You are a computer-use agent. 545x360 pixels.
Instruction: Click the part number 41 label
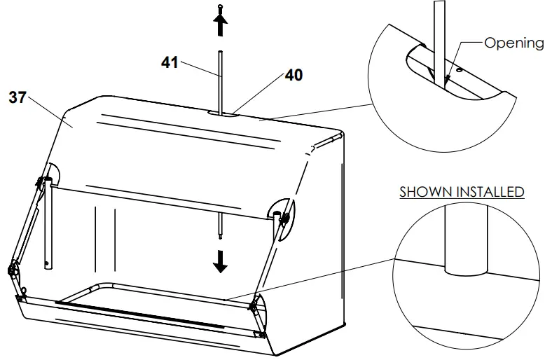(x=170, y=62)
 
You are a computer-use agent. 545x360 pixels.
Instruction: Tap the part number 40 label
(x=294, y=75)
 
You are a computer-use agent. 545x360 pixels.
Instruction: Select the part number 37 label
(x=17, y=97)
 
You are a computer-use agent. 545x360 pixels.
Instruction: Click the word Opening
(x=514, y=43)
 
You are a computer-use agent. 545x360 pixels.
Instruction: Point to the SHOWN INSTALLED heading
(x=462, y=192)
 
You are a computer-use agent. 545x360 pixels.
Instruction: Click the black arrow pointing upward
(x=220, y=26)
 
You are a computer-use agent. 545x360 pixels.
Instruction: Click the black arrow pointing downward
(x=221, y=261)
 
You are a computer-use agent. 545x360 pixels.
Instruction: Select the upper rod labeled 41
(x=220, y=81)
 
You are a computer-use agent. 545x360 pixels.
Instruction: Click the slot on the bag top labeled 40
(x=223, y=112)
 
